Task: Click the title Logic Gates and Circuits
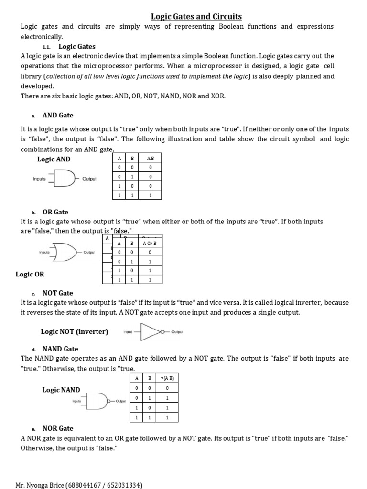click(x=196, y=17)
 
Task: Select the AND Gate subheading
click(x=58, y=116)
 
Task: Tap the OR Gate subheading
click(x=55, y=212)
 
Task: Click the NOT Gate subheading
click(x=58, y=293)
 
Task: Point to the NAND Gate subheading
click(x=60, y=349)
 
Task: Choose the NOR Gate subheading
click(x=58, y=428)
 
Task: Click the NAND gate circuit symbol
click(x=98, y=401)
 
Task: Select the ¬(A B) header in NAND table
click(x=166, y=378)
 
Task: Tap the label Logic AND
click(x=54, y=159)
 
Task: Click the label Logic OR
click(x=30, y=275)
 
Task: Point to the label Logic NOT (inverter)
click(x=75, y=331)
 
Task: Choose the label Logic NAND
click(x=61, y=390)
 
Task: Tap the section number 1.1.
click(x=46, y=47)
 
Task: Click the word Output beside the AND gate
click(x=89, y=179)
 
